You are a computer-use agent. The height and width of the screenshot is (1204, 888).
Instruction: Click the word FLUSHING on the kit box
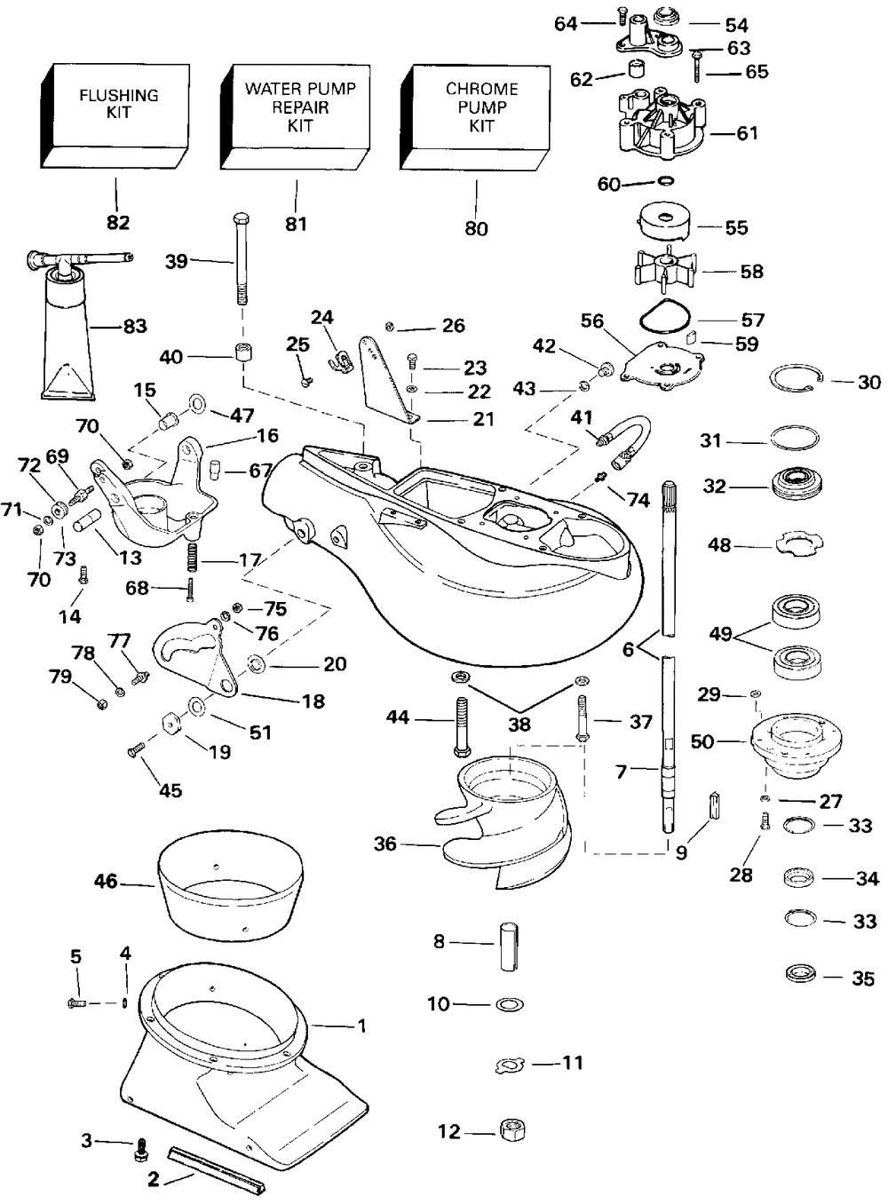pos(119,95)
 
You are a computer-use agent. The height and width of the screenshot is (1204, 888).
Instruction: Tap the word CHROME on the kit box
pos(481,89)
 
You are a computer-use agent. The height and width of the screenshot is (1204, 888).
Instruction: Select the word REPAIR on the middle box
pos(300,107)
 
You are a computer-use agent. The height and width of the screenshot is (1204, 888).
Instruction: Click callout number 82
pos(118,222)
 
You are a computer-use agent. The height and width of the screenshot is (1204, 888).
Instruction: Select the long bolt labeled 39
pos(241,260)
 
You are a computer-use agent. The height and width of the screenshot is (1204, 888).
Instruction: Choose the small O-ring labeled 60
pos(667,180)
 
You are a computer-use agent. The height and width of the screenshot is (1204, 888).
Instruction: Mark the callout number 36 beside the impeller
pos(385,844)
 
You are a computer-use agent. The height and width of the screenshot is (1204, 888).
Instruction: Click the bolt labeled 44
pos(464,727)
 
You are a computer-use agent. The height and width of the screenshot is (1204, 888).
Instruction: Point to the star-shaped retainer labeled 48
pos(800,544)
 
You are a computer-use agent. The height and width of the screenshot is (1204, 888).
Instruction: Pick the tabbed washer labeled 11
pos(510,1064)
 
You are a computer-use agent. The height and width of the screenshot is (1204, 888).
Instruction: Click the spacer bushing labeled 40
pos(243,352)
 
